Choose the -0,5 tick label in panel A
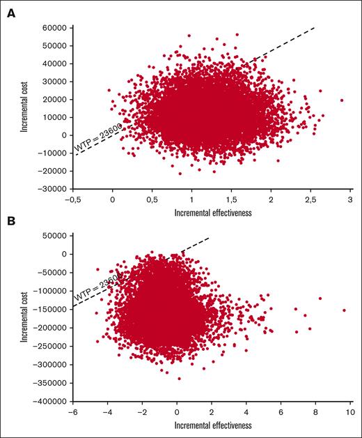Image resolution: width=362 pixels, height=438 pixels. pos(72,199)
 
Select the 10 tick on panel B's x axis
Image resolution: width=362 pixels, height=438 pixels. pos(349,412)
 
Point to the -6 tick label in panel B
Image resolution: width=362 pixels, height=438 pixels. pos(72,412)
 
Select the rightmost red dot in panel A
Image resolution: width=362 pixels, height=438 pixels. pos(342,100)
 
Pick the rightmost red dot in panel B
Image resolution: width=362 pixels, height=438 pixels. pos(344,310)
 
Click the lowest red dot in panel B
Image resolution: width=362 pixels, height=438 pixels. pos(179,379)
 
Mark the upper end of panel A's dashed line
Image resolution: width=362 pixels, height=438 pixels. pos(315,28)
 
